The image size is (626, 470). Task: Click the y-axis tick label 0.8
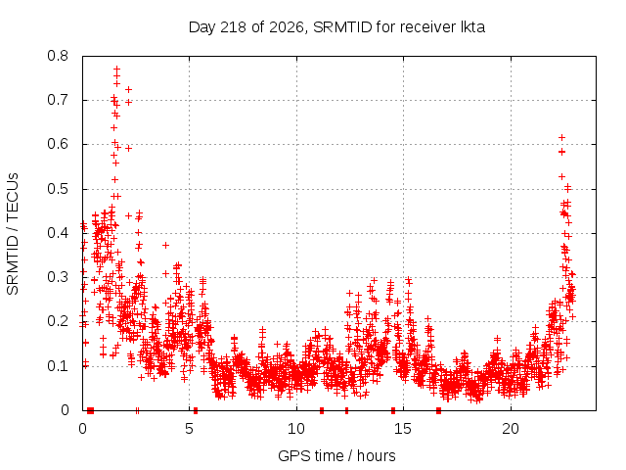tap(58, 56)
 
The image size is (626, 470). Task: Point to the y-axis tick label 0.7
tap(58, 100)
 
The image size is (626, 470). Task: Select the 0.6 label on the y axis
tap(58, 144)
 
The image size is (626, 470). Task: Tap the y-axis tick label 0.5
tap(58, 189)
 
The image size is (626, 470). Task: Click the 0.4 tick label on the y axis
tap(58, 233)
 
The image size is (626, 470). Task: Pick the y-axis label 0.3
tap(58, 277)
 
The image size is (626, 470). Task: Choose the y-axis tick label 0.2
tap(58, 321)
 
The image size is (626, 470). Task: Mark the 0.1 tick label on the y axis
tap(58, 365)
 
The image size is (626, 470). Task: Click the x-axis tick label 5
tap(189, 429)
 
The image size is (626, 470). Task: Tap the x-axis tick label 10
tap(296, 429)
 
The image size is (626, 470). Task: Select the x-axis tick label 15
tap(403, 429)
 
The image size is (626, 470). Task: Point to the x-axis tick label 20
tap(511, 429)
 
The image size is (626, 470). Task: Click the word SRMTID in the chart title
tap(342, 27)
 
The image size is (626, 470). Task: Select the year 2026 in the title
tap(287, 27)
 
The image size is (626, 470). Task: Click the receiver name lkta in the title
tap(473, 27)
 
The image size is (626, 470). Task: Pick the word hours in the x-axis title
tap(376, 455)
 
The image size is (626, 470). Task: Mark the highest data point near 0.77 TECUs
tap(116, 69)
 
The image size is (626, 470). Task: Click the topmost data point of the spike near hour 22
tap(561, 137)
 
